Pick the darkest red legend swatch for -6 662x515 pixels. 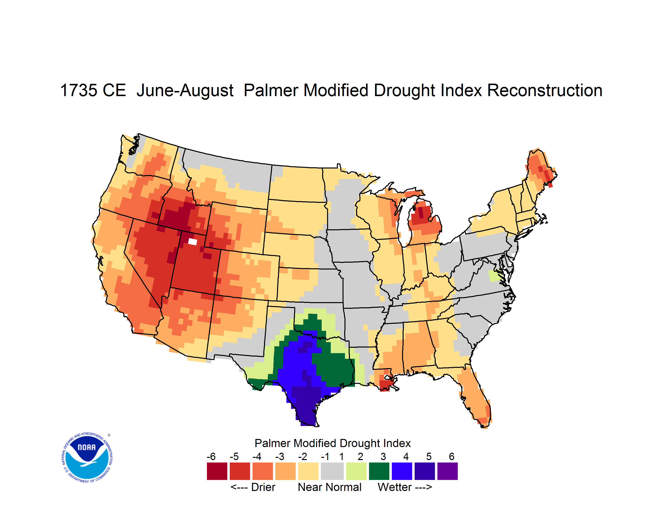(x=217, y=471)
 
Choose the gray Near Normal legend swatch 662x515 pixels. (x=332, y=471)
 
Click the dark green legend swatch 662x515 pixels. (x=379, y=471)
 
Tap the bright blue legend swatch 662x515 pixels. (x=402, y=471)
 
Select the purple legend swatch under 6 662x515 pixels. (x=447, y=471)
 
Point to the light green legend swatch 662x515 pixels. (x=356, y=471)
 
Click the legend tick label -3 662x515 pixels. (x=280, y=456)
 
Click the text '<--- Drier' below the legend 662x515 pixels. (x=253, y=487)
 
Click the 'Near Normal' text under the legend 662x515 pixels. (x=330, y=487)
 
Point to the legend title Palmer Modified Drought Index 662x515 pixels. (x=332, y=443)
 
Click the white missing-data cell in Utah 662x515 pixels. (x=193, y=242)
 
